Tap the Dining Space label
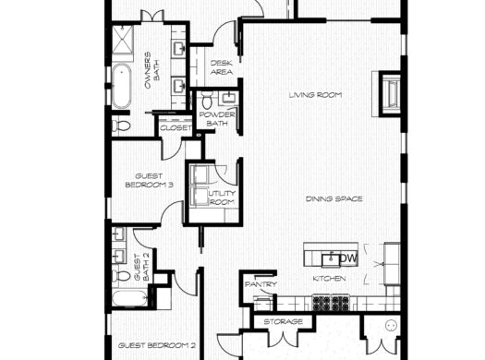coord(334,198)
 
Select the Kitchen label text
coord(329,278)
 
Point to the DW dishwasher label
coord(349,258)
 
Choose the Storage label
coord(284,321)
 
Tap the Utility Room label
coord(223,198)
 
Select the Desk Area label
coord(222,66)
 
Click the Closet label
coord(176,127)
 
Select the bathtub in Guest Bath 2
coord(127,299)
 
